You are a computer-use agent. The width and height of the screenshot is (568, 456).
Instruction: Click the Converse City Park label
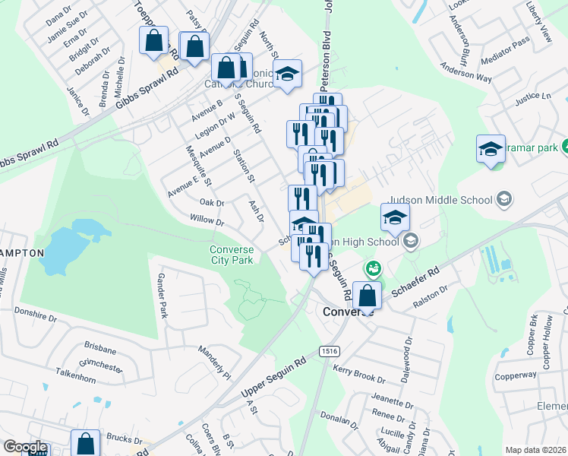click(x=232, y=254)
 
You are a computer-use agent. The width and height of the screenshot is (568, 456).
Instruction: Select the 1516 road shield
click(x=329, y=350)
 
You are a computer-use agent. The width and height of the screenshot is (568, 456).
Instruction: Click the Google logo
click(x=25, y=447)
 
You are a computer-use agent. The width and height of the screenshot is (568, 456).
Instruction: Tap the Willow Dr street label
click(x=207, y=221)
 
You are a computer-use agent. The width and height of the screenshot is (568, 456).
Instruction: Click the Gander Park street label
click(x=161, y=296)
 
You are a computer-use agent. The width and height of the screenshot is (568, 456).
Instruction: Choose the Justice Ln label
click(x=532, y=97)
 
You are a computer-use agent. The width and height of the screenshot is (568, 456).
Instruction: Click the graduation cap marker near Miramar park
click(x=491, y=149)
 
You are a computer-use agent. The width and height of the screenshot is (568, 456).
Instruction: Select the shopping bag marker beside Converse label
click(x=368, y=296)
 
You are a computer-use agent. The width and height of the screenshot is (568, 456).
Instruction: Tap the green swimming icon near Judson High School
click(x=372, y=268)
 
